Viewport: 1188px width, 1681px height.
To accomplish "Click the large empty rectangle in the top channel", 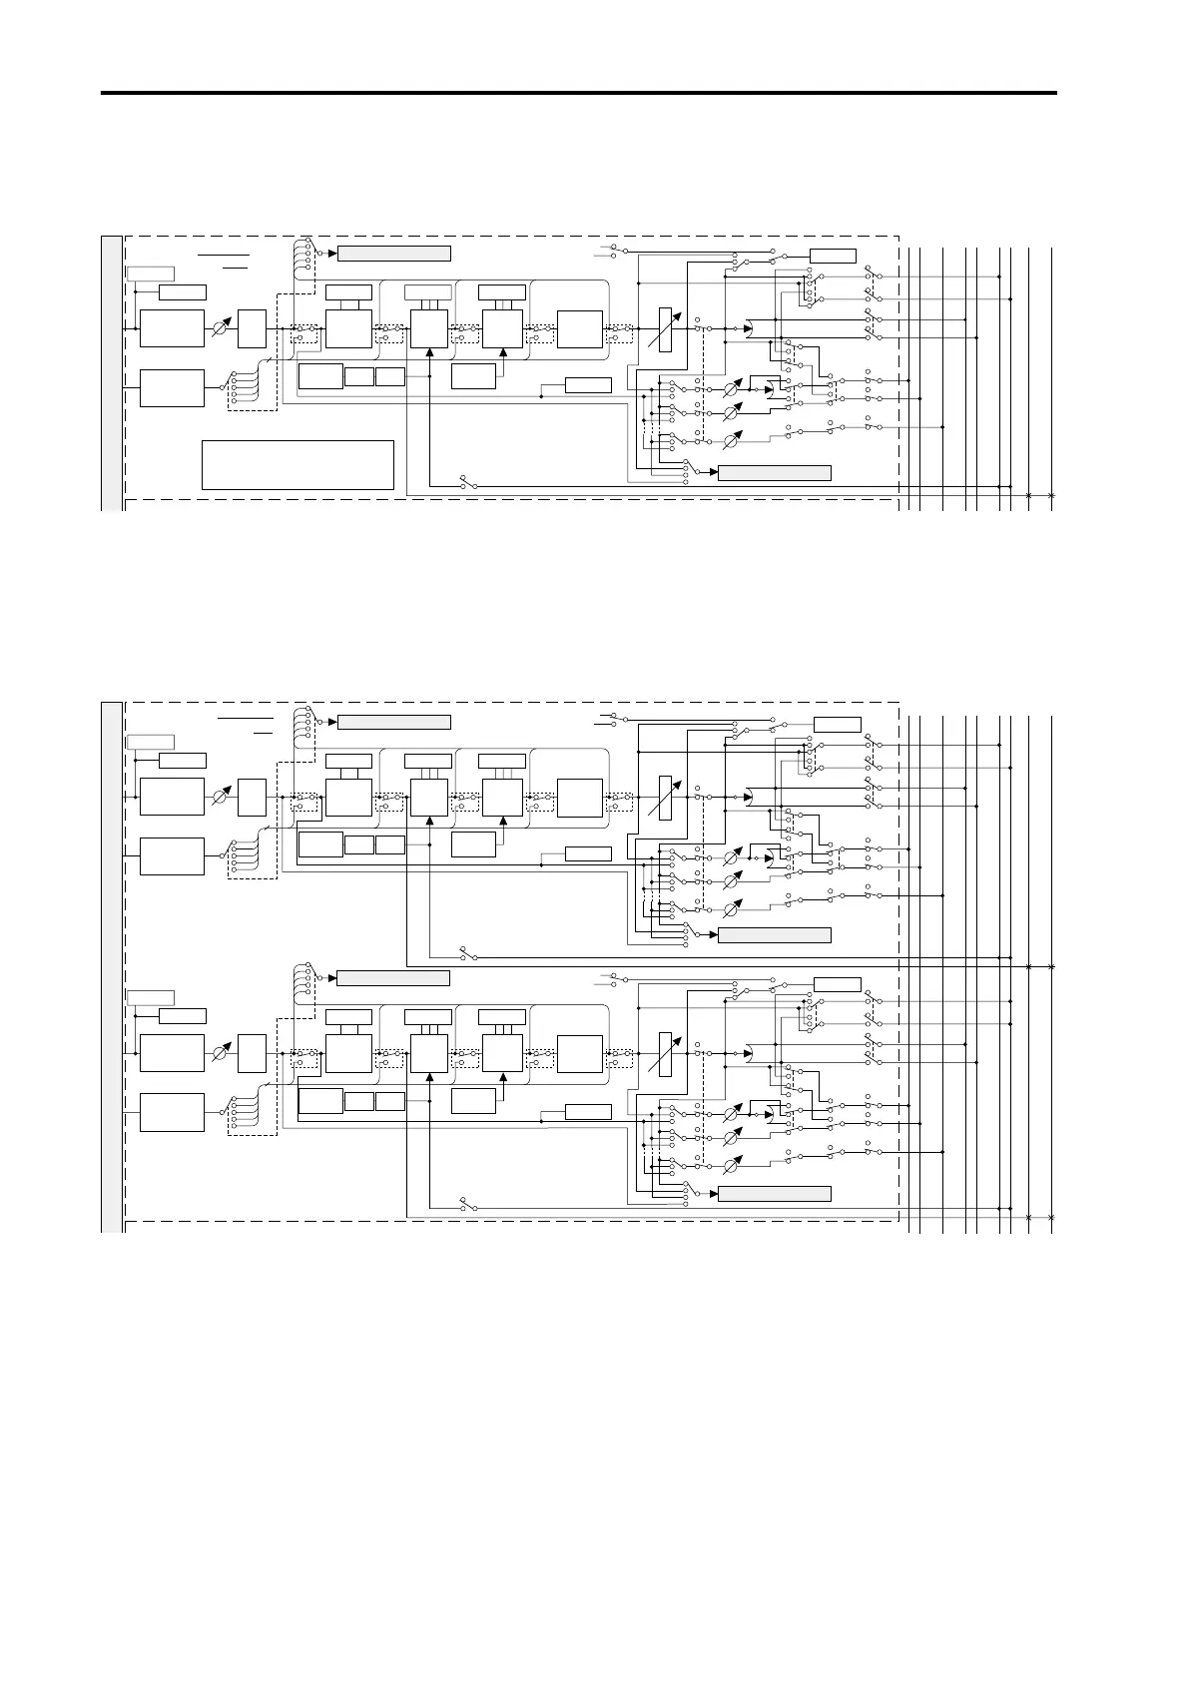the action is point(297,464).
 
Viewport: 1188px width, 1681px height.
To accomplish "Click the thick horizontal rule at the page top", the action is point(579,93).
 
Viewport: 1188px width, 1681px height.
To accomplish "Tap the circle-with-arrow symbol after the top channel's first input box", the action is point(222,327).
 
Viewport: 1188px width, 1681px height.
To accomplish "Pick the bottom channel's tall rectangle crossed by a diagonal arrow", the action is point(667,1054).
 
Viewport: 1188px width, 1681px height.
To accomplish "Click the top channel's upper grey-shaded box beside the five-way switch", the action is point(394,253).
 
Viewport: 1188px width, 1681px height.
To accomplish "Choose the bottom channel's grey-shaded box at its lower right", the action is point(775,1193).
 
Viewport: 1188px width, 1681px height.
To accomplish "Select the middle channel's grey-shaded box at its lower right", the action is point(775,934).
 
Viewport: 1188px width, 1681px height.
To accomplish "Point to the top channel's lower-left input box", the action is point(172,388).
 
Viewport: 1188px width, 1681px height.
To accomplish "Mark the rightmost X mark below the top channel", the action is point(1051,496).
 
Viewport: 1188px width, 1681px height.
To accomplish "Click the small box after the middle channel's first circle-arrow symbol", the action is point(253,798).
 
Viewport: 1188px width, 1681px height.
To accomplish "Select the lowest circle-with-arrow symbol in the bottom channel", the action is point(732,1165).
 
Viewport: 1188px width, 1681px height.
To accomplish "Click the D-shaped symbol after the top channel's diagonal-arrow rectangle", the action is point(750,328).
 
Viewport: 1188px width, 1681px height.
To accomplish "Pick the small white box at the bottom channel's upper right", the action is point(838,983).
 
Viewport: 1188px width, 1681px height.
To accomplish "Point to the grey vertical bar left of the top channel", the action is point(113,372).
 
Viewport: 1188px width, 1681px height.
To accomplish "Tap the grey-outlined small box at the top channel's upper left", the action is point(151,274).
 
